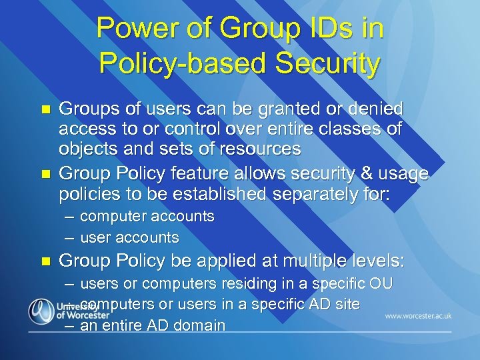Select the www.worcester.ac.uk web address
click(x=418, y=315)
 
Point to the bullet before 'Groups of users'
click(x=45, y=109)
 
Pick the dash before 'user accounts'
click(x=70, y=237)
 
